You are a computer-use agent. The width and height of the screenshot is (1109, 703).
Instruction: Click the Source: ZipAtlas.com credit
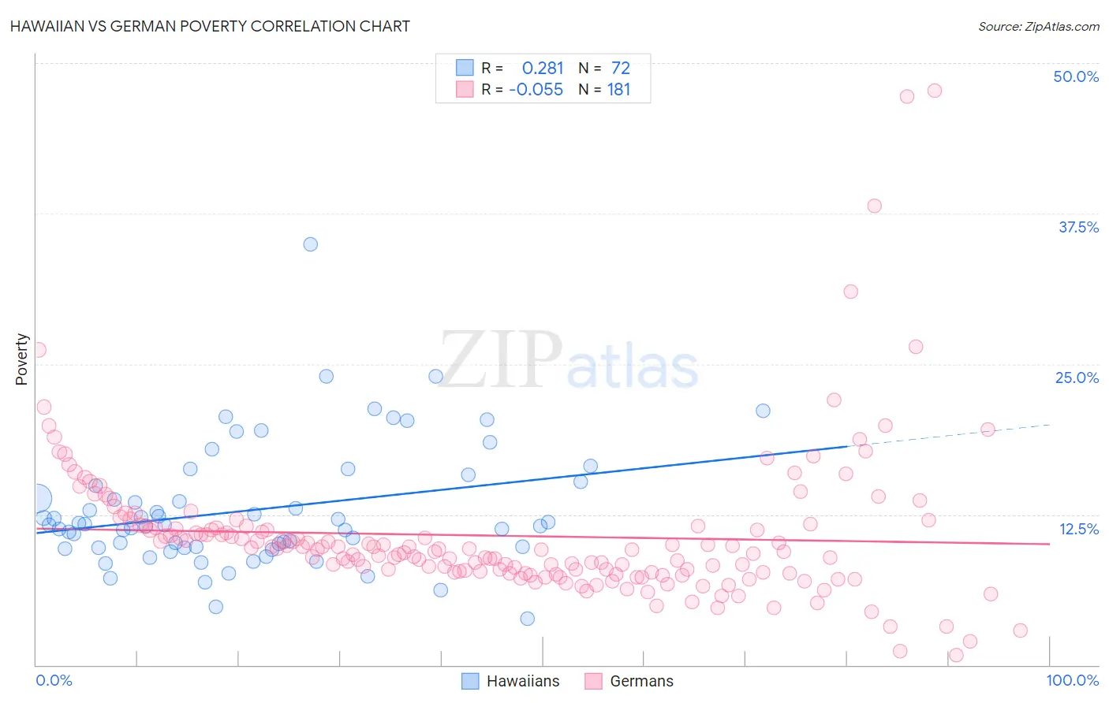pos(1038,26)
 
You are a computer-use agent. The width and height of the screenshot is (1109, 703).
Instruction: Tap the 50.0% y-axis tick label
pos(1076,76)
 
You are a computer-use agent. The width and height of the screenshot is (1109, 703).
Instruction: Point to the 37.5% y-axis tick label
pos(1078,227)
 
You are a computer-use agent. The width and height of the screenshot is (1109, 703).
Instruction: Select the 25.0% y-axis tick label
pos(1077,378)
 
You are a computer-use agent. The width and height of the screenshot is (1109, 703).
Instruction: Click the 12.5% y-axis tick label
pos(1078,529)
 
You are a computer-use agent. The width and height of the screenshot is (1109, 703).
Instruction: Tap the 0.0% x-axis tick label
pos(54,680)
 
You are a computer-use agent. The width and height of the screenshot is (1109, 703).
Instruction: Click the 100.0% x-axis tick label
pos(1072,680)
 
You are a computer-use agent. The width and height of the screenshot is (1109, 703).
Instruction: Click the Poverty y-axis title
pos(21,359)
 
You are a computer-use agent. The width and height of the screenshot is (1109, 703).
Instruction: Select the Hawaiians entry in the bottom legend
pos(522,681)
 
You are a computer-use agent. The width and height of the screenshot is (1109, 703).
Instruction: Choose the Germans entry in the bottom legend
pos(641,681)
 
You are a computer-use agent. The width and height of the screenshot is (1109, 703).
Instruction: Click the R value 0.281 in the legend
pos(543,68)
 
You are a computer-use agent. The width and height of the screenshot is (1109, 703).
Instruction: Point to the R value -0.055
pos(536,90)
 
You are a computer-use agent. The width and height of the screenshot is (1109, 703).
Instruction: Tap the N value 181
pos(619,90)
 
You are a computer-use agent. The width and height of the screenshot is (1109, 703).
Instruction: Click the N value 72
pos(621,68)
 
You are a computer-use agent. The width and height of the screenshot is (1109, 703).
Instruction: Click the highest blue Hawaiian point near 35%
pos(311,244)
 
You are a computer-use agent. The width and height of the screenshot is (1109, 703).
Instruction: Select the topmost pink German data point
pos(935,91)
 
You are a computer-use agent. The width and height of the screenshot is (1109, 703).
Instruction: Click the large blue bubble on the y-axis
pos(36,498)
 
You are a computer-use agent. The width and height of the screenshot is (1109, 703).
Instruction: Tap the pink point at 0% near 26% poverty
pos(38,350)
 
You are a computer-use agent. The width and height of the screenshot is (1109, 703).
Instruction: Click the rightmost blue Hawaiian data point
pos(763,411)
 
